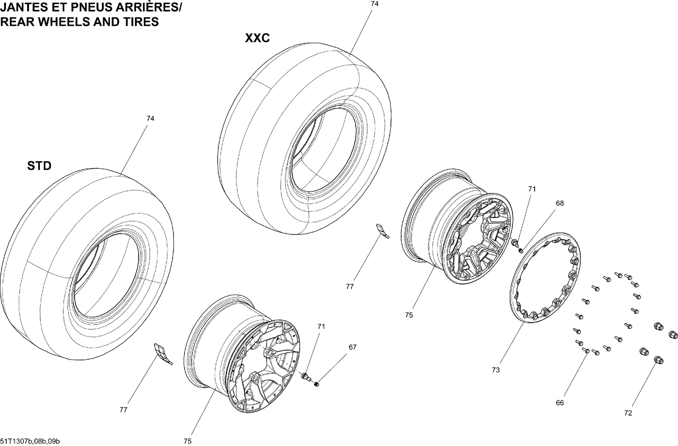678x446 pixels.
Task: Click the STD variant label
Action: click(x=39, y=166)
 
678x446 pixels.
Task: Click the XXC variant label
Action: click(x=257, y=38)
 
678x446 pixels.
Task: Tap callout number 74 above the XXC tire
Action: click(x=374, y=4)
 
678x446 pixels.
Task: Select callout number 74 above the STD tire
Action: click(x=150, y=119)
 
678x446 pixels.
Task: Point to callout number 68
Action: click(x=560, y=204)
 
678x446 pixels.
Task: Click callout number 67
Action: click(x=352, y=347)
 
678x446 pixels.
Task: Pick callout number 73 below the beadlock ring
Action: click(x=496, y=370)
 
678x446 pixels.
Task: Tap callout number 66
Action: click(x=560, y=403)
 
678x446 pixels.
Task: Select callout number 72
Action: click(x=628, y=413)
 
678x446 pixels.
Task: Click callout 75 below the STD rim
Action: click(x=188, y=441)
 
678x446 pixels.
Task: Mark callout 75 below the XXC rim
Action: click(x=409, y=315)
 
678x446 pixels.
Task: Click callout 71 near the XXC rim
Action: click(x=532, y=189)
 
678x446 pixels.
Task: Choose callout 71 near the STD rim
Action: click(x=321, y=326)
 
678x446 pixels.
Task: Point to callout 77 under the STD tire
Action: click(x=123, y=410)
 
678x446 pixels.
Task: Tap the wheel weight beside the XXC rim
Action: click(x=383, y=231)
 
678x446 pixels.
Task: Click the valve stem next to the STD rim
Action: click(x=306, y=377)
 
